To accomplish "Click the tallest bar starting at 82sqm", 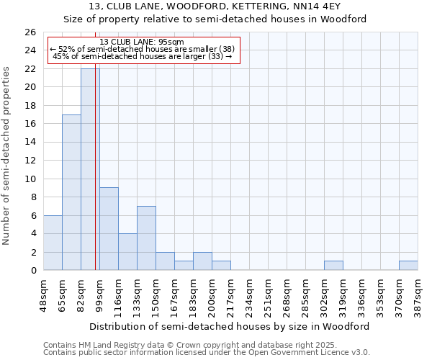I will (90, 169).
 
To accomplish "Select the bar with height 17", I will (71, 192).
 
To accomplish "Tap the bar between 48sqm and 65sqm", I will (53, 243).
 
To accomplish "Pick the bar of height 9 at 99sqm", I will (109, 229).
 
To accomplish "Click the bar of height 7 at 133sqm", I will (146, 238).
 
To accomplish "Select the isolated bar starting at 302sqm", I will (333, 266).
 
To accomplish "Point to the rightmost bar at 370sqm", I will (408, 266).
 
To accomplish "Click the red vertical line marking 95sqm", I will (95, 180).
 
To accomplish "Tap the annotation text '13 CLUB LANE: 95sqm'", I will (142, 42).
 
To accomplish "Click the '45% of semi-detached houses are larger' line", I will (142, 56).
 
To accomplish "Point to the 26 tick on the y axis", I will (30, 32).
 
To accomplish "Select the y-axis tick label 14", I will (30, 143).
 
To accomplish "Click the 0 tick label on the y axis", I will (33, 271).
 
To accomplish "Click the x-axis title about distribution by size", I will (230, 326).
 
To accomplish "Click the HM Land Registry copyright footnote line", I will (185, 344).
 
